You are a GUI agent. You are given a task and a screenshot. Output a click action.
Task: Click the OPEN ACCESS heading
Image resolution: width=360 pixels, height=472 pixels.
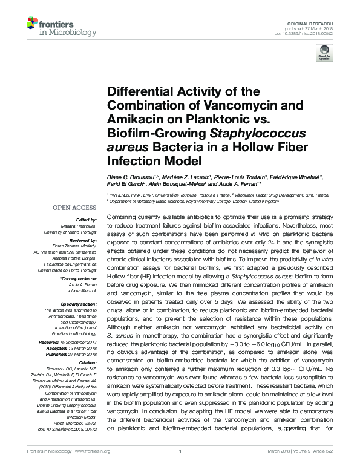coord(76,208)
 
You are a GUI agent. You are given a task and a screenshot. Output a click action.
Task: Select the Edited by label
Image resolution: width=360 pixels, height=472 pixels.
coord(87,220)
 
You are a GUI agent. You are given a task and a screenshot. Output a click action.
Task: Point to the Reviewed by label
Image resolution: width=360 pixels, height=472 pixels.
coord(82,240)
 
